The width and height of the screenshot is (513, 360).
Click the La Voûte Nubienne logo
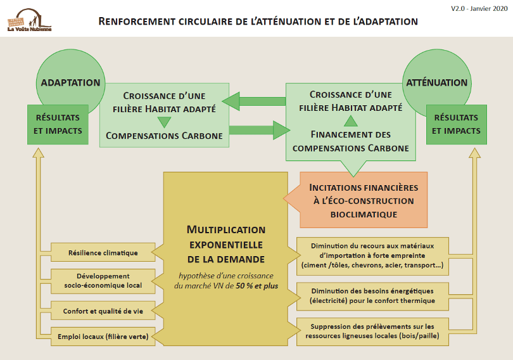(29, 20)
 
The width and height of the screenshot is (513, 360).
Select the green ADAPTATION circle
(70, 82)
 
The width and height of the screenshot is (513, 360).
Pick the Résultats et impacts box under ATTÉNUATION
(456, 124)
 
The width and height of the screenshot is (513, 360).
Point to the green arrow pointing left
(253, 100)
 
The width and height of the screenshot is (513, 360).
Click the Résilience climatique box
(103, 253)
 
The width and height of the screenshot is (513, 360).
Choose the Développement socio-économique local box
(103, 281)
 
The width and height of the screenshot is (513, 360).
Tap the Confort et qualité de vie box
(103, 311)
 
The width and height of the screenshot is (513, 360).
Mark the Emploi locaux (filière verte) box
(103, 337)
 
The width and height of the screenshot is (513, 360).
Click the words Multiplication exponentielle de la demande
(226, 244)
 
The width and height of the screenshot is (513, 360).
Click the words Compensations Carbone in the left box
(164, 135)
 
